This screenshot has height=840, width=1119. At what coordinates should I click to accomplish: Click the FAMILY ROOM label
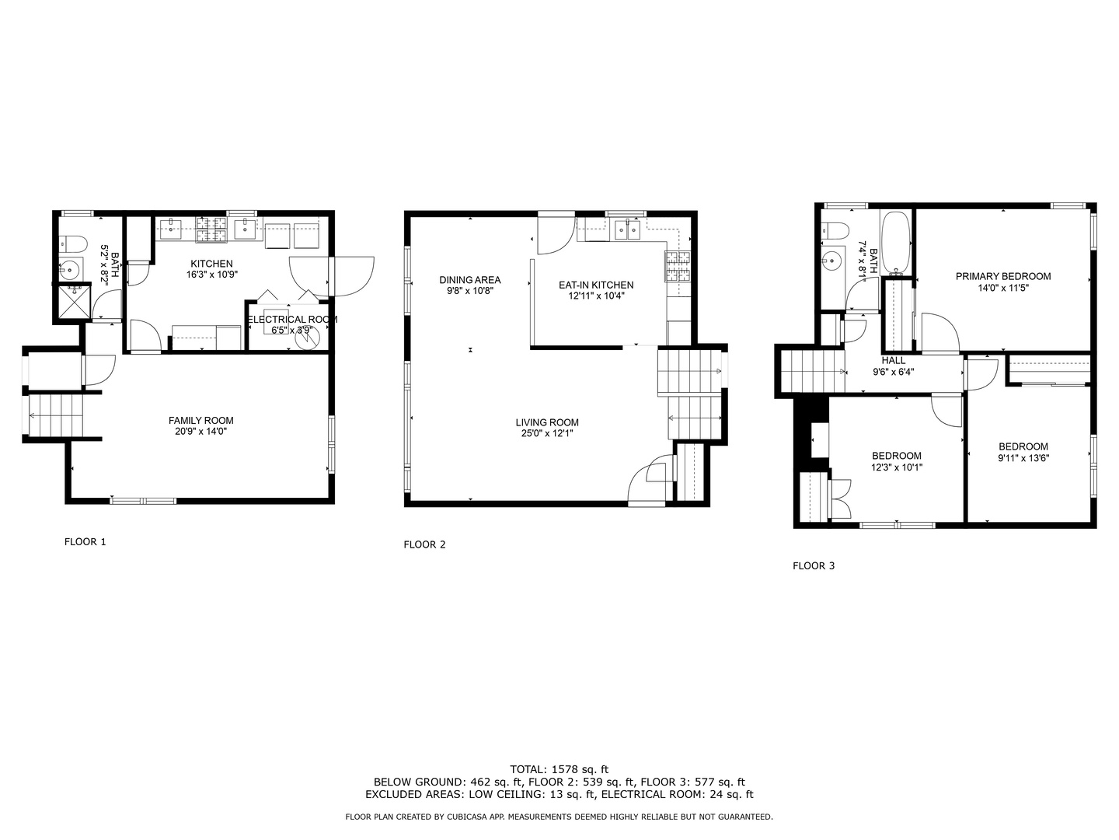point(200,420)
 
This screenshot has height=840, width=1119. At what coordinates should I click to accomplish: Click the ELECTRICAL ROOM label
point(292,319)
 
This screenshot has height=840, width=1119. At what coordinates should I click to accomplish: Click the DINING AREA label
point(470,279)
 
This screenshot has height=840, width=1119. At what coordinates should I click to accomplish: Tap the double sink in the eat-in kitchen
point(627,229)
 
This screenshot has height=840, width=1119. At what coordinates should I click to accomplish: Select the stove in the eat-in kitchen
point(678,266)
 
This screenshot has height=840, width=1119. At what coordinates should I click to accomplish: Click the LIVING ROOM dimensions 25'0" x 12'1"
point(547,433)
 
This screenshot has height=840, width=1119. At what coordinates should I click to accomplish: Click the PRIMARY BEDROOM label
point(1002,276)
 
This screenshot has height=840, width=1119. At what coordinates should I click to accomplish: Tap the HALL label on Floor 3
point(893,361)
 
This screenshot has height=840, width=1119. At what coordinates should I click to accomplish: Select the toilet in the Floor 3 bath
point(835,230)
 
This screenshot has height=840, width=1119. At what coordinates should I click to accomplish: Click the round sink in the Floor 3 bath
point(831,261)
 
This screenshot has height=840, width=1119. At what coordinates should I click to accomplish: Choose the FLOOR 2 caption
point(424,544)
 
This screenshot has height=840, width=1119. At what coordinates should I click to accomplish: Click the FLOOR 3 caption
point(814,565)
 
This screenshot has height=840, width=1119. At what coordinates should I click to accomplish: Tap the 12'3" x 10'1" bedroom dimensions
point(897,467)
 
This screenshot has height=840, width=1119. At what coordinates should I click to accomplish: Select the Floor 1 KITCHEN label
point(211,264)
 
